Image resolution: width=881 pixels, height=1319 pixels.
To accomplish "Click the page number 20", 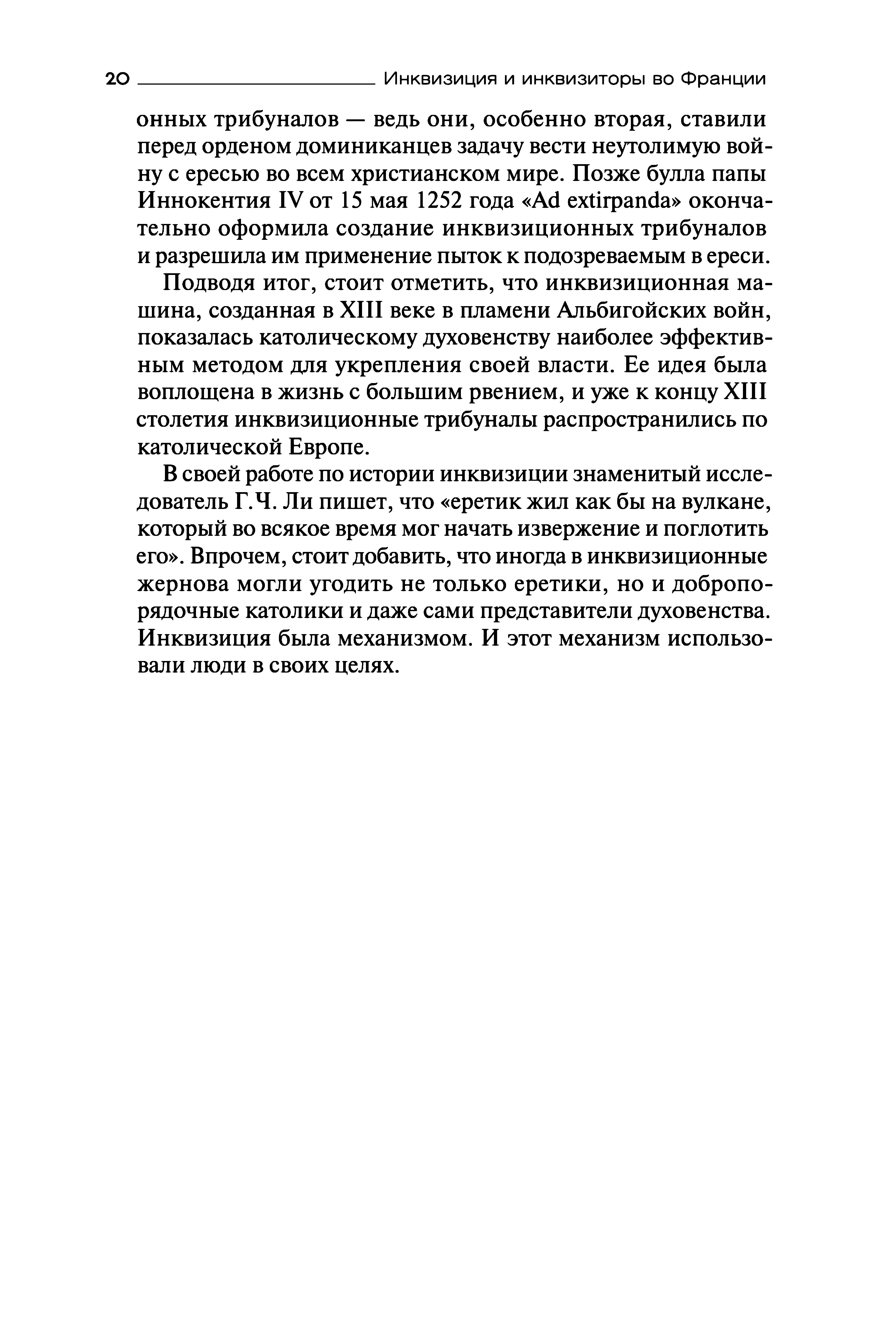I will (118, 79).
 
